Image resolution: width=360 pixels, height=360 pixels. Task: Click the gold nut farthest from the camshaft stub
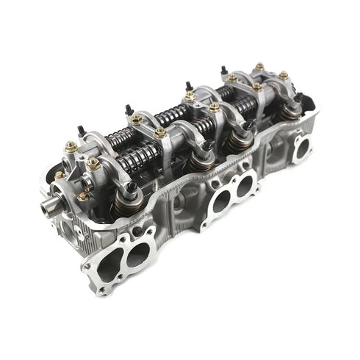(x=284, y=75)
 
